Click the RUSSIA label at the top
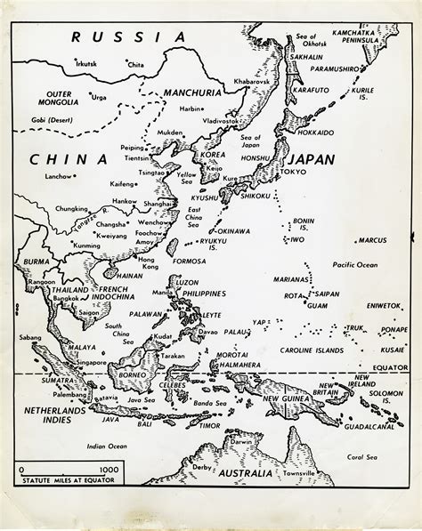coord(129,36)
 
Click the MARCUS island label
coord(371,239)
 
